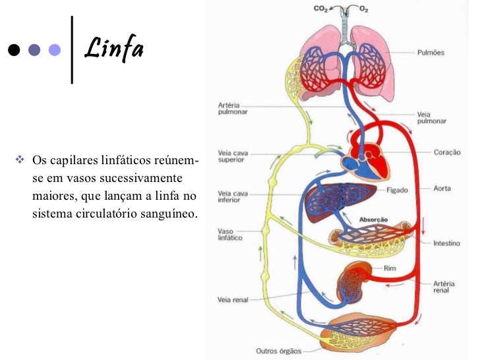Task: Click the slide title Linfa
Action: pyautogui.click(x=113, y=49)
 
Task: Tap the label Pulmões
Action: pyautogui.click(x=431, y=53)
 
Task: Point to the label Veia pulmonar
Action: pyautogui.click(x=432, y=117)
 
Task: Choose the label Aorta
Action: pyautogui.click(x=442, y=189)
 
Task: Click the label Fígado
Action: pyautogui.click(x=398, y=190)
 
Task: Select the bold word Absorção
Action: pyautogui.click(x=373, y=220)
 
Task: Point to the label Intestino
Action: pyautogui.click(x=446, y=243)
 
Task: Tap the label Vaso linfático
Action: pyautogui.click(x=230, y=235)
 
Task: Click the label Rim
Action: pyautogui.click(x=390, y=268)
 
